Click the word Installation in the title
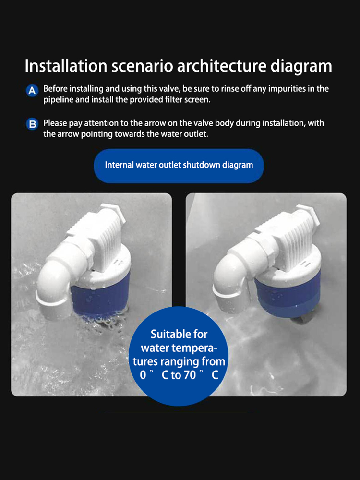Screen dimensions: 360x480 66,65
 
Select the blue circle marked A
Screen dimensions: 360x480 32,91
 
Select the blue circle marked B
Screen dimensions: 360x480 32,124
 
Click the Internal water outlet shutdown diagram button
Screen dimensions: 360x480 179,166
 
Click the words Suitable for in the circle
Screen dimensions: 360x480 179,334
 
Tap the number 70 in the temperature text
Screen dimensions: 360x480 190,375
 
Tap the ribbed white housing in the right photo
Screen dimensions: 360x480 288,236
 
